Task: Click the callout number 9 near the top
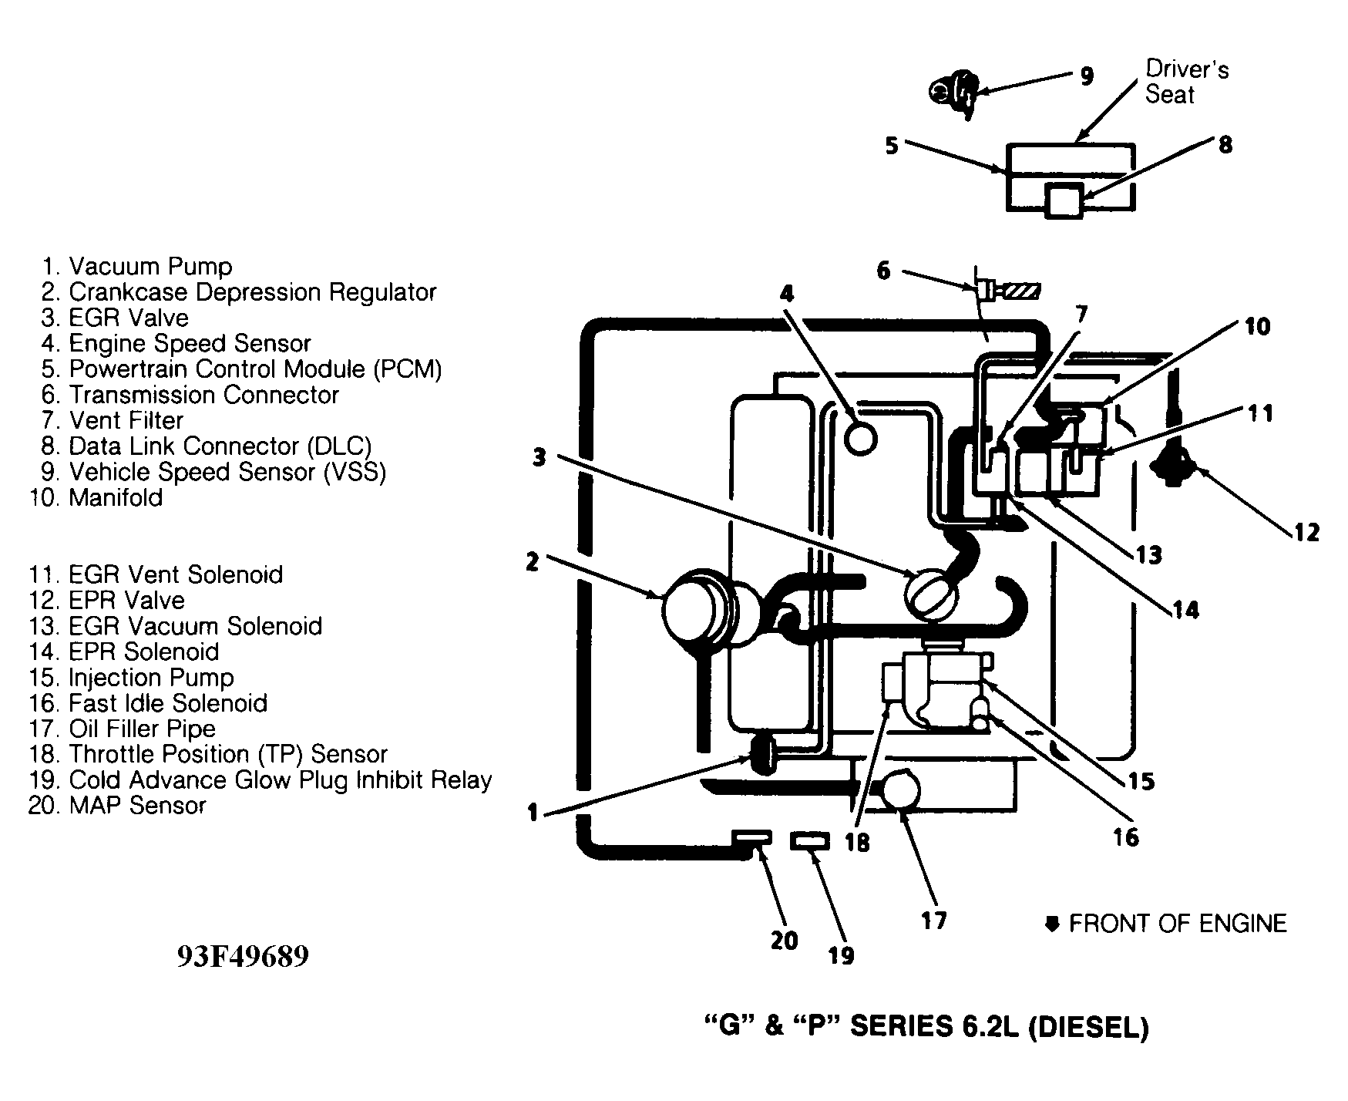(x=1086, y=76)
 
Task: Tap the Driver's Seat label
(x=1187, y=82)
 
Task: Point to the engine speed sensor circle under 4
(x=860, y=438)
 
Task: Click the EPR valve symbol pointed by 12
(x=1174, y=465)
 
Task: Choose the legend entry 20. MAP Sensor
(x=118, y=805)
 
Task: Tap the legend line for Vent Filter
(x=113, y=420)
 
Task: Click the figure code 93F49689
(x=243, y=956)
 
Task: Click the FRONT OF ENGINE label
(x=1177, y=923)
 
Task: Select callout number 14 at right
(x=1186, y=610)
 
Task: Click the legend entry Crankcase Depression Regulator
(x=239, y=292)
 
